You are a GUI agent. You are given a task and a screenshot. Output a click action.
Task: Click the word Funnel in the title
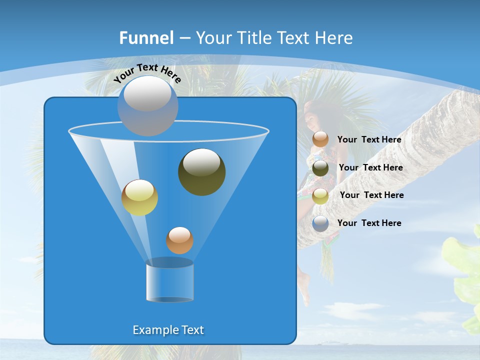146,38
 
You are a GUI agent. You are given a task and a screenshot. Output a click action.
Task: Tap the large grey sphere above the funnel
148,105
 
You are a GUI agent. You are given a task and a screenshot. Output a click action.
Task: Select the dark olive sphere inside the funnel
201,172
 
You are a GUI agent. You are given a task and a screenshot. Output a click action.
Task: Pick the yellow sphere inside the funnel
139,197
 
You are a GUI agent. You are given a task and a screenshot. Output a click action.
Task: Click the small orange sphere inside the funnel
179,240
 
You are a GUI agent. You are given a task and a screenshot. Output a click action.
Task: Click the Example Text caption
168,330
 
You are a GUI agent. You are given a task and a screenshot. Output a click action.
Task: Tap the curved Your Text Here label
147,73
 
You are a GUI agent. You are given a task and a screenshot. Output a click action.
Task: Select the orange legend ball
320,139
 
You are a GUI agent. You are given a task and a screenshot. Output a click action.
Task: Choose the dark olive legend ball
320,168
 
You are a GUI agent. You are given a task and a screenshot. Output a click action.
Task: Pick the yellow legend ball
320,195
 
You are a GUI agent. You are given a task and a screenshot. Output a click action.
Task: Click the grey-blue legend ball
320,223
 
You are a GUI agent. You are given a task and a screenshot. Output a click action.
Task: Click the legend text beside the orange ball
369,140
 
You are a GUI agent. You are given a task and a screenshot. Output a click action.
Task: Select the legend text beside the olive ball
370,168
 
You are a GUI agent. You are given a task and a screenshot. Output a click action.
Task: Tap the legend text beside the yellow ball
371,195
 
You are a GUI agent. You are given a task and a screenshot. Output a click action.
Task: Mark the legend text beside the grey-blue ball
369,223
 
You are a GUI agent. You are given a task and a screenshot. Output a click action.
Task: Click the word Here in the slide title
334,38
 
